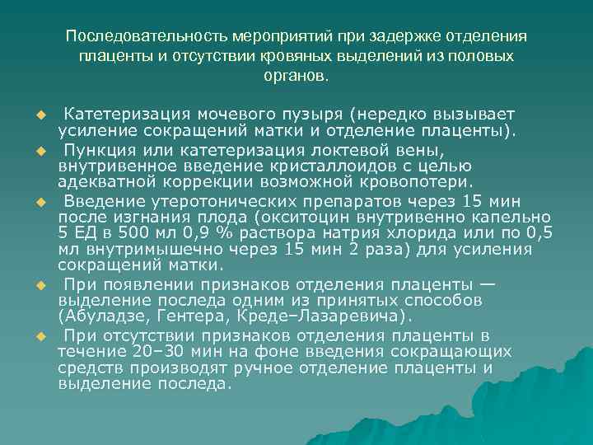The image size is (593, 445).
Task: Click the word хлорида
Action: [428, 234]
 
